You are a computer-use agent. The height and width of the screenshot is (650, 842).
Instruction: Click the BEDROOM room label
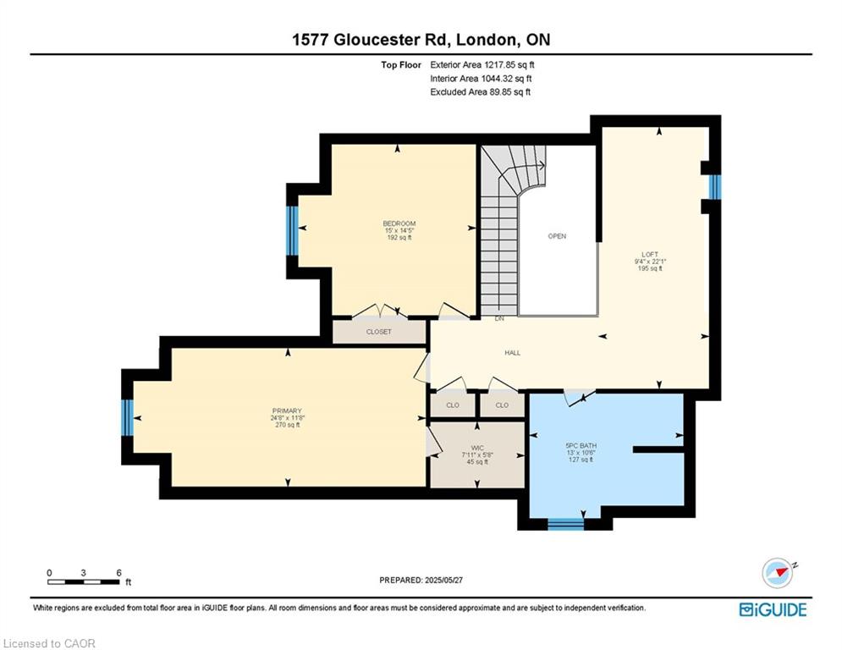coord(399,223)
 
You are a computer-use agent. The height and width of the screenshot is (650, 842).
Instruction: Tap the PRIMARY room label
coord(288,410)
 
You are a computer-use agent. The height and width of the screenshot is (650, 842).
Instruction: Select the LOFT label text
coord(649,254)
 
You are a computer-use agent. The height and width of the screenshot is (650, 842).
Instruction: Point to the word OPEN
coord(556,236)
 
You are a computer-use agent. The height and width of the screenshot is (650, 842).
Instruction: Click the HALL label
coord(512,353)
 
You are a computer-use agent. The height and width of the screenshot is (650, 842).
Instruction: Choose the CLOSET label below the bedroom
coord(378,332)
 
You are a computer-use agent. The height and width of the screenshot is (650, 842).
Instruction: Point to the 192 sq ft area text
coord(399,238)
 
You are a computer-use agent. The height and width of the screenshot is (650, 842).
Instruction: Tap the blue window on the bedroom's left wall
coord(292,231)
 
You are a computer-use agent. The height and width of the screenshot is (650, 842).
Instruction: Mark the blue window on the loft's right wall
coord(715,187)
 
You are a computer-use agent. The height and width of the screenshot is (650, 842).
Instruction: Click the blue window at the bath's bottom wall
coord(565,525)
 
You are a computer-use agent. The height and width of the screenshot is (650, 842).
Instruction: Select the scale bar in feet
coord(84,580)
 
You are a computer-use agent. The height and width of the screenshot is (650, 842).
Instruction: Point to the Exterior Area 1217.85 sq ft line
coord(482,64)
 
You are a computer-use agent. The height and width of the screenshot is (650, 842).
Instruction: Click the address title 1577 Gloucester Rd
coord(420,40)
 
